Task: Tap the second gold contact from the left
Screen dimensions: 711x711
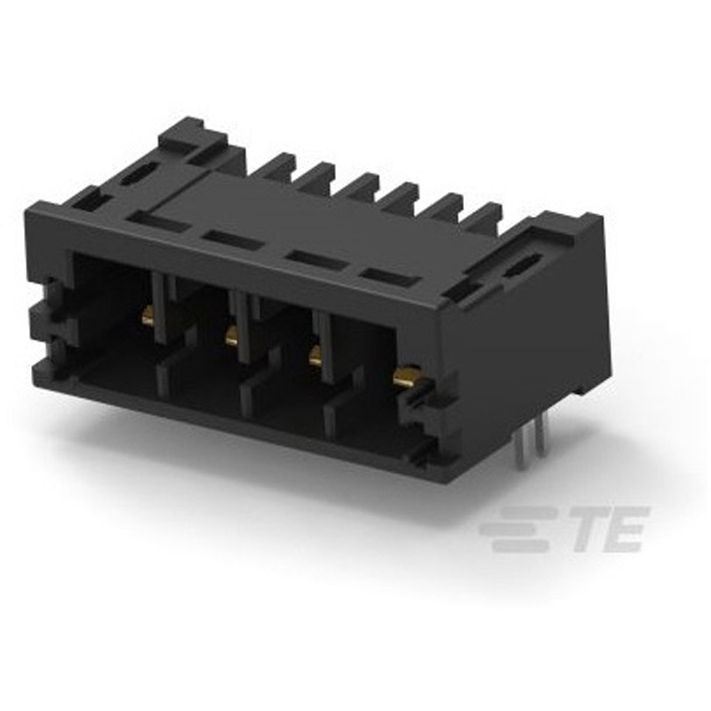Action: click(x=232, y=337)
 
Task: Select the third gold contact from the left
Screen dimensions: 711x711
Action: click(x=315, y=358)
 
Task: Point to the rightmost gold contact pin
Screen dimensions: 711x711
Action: click(x=406, y=379)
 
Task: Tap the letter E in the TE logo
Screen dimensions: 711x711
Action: click(x=623, y=530)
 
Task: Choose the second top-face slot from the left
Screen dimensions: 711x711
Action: click(x=231, y=239)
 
